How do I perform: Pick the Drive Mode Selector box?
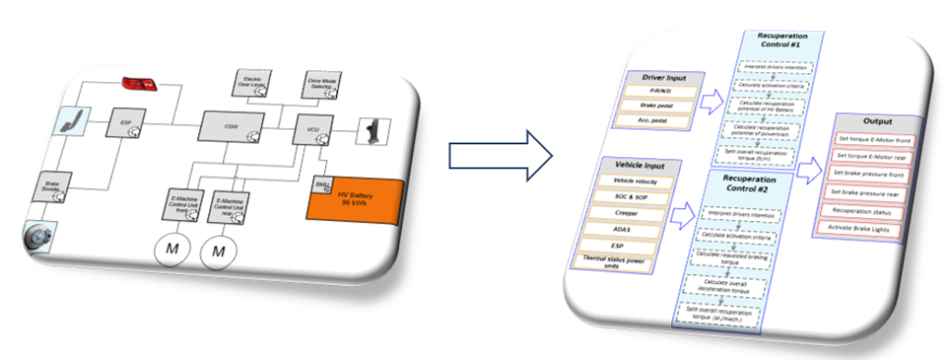(320, 84)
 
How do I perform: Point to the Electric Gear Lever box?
(251, 84)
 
